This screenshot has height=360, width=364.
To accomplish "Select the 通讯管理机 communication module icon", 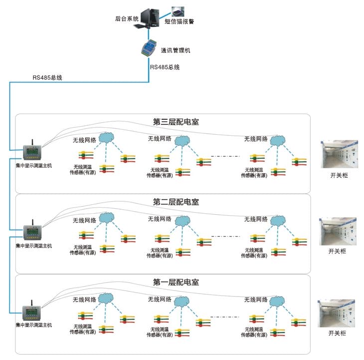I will click(149, 48).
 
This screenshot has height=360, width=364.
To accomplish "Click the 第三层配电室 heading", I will click(176, 121).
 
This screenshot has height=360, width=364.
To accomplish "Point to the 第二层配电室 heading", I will click(176, 202).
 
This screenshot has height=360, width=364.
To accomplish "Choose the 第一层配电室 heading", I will click(176, 282).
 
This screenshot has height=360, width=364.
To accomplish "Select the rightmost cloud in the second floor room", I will click(276, 219).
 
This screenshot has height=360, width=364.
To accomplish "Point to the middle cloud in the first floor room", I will click(181, 300).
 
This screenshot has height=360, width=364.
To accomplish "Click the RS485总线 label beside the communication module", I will click(165, 66).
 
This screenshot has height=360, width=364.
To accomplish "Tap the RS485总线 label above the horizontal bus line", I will click(47, 77).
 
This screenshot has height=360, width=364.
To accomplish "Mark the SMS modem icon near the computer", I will click(177, 10).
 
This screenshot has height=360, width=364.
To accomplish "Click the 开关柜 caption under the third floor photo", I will click(338, 175).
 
